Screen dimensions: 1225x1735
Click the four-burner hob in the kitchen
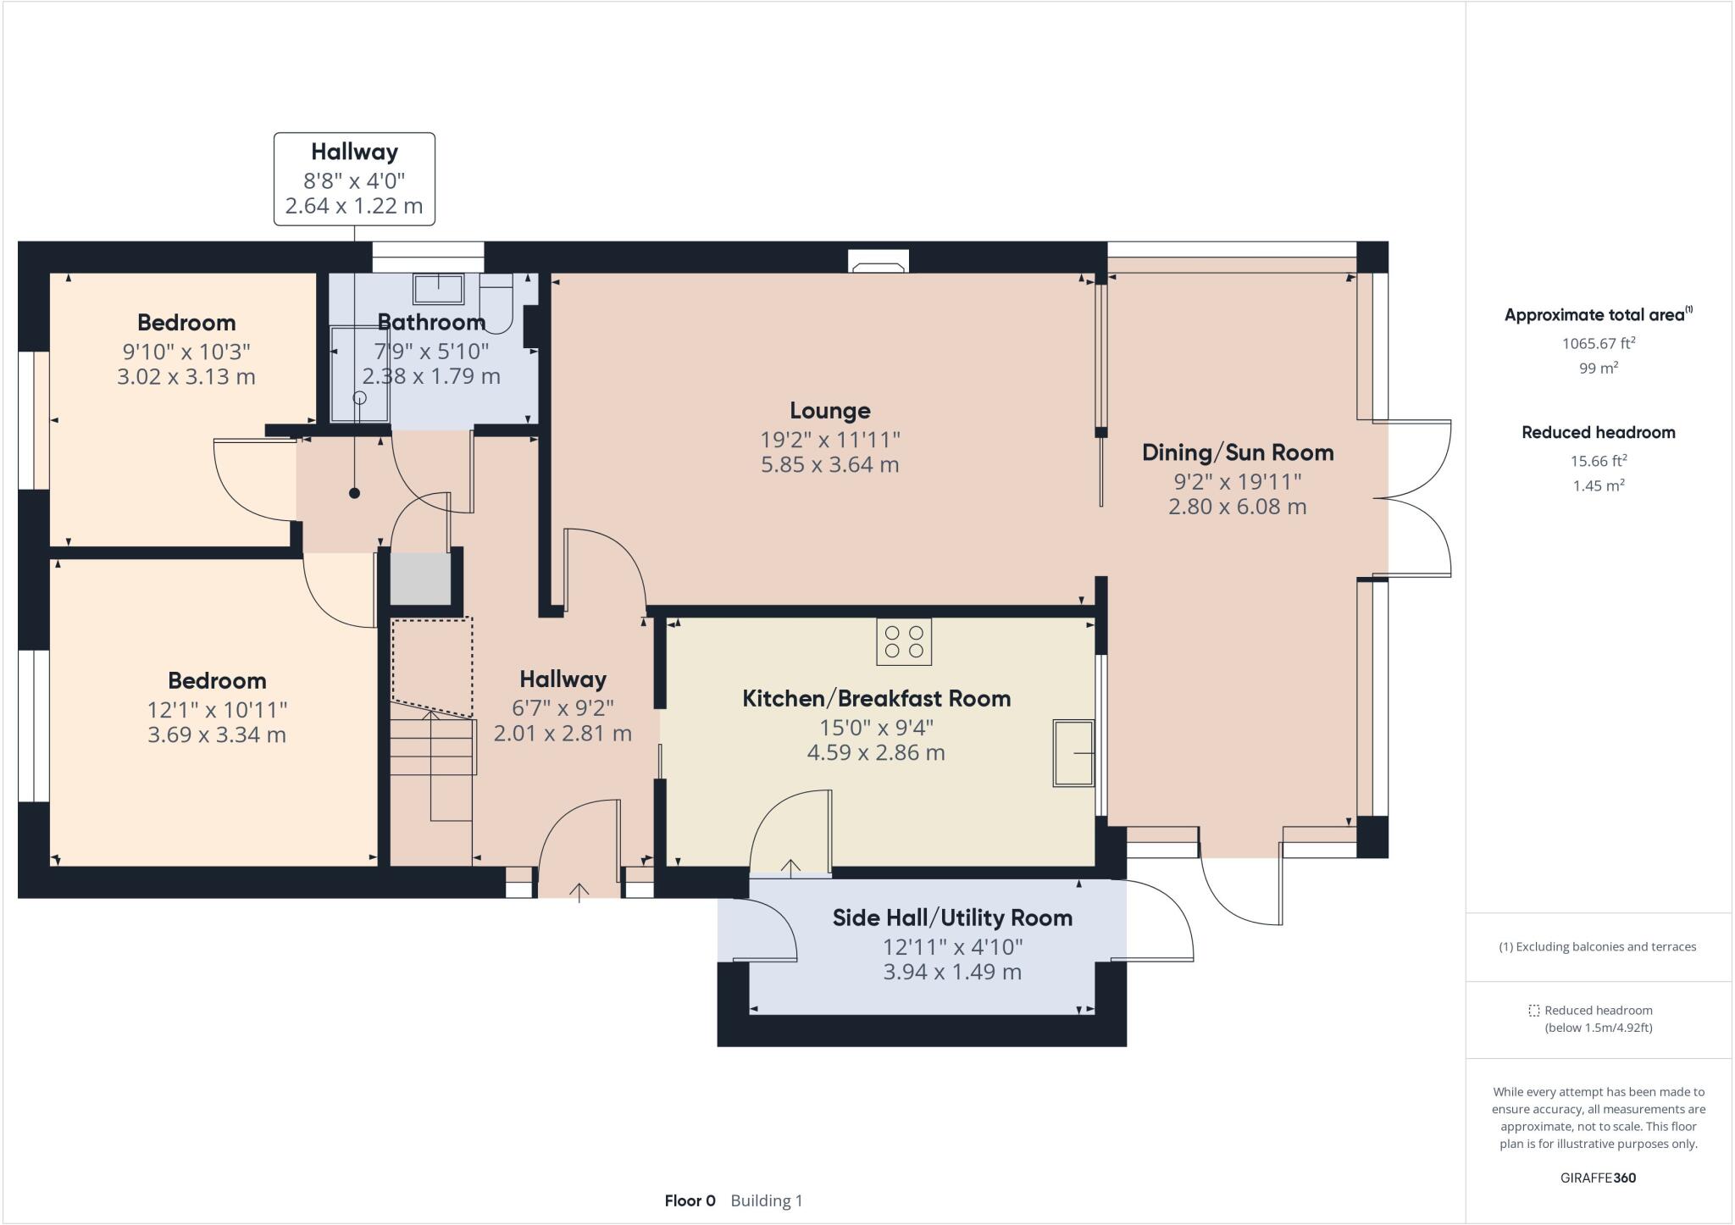point(903,641)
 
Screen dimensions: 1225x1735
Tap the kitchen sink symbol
point(1073,752)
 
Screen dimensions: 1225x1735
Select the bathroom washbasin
point(438,289)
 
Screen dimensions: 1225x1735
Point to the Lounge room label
point(829,411)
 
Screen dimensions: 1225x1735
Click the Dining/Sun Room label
point(1237,452)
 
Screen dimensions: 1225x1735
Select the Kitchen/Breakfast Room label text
point(876,699)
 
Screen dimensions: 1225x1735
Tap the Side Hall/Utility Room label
point(952,917)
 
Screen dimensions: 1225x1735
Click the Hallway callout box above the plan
point(354,179)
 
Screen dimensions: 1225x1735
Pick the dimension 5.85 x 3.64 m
point(829,464)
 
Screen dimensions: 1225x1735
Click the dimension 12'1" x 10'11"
point(217,709)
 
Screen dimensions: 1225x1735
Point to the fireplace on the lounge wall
point(878,263)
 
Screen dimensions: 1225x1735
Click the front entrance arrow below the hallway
point(579,892)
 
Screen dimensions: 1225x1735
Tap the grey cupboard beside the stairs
point(420,579)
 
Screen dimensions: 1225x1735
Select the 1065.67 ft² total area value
point(1598,343)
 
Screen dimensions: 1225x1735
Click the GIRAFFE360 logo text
point(1598,1178)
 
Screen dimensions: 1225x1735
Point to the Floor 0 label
point(690,1200)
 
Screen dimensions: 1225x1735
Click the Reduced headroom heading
point(1598,432)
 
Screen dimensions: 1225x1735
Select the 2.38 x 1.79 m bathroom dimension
point(431,376)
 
